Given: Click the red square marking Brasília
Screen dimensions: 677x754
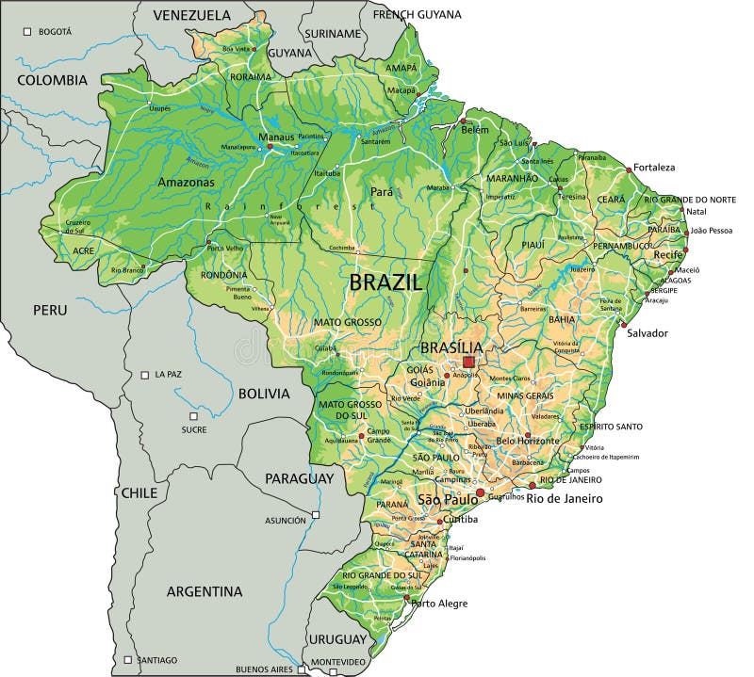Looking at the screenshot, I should [x=468, y=362].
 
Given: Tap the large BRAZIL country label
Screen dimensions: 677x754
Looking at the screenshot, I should [x=386, y=282].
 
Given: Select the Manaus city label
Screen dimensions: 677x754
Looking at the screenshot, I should [x=277, y=137].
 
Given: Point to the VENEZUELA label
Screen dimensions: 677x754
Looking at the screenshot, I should [x=191, y=15].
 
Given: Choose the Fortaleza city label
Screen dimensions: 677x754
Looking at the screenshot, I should [x=654, y=168].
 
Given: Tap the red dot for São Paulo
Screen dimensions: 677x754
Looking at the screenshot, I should [x=481, y=492].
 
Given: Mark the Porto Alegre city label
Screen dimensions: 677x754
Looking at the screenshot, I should [x=439, y=604].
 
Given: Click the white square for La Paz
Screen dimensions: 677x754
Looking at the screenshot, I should [x=144, y=375].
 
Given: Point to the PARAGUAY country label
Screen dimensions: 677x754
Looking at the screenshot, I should [x=299, y=478].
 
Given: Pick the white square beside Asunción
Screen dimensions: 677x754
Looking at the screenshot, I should [x=317, y=515].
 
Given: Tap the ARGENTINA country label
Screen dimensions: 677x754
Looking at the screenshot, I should [x=205, y=591].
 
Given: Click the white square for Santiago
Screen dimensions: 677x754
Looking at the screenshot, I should [x=127, y=660].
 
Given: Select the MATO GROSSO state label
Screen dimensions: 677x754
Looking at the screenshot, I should [x=348, y=322].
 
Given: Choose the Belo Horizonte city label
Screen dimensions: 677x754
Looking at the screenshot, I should [x=528, y=441].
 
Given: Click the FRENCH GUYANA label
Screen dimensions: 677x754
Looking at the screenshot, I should [x=418, y=14].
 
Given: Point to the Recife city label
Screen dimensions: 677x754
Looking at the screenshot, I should [x=668, y=255].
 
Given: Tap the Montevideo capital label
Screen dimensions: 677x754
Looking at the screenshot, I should [x=337, y=662].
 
